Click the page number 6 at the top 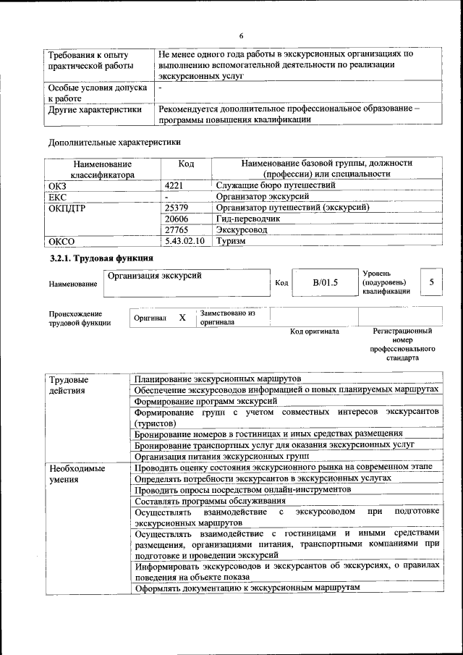click(242, 36)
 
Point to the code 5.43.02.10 click(186, 242)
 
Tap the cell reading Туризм click(231, 242)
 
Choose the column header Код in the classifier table click(186, 164)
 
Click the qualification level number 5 click(431, 282)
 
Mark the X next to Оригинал click(182, 318)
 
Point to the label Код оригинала click(315, 331)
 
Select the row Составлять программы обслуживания click(210, 501)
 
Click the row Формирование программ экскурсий click(205, 400)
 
